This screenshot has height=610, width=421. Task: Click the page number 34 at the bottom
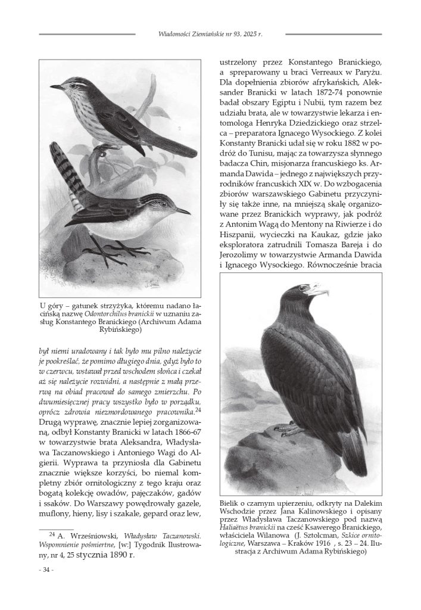point(45,570)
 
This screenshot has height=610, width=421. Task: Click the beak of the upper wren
point(57,87)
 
